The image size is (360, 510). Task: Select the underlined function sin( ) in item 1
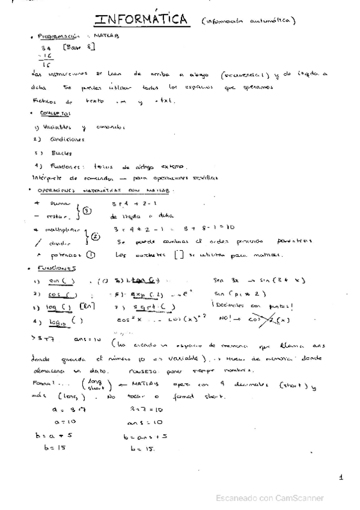click(59, 281)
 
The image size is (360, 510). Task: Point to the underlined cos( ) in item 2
click(58, 294)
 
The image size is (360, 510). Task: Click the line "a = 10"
click(62, 422)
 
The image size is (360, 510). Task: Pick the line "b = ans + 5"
click(144, 435)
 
